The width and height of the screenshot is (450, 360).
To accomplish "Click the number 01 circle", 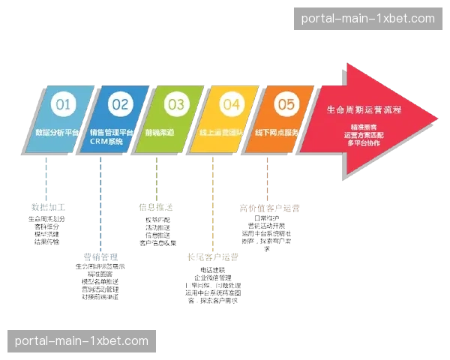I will coord(64,105).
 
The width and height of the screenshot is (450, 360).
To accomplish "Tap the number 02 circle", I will coord(120,105).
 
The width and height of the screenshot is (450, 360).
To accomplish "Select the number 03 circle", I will coord(175,105).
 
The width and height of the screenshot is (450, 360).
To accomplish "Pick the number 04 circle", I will coord(230,105).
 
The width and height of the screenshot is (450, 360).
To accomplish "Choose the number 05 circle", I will coord(286,105).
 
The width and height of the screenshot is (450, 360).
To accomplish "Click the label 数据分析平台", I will coord(57,132).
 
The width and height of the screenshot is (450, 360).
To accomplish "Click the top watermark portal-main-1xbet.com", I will coord(367,19).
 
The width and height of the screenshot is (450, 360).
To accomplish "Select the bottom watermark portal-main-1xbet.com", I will coord(81,341).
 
